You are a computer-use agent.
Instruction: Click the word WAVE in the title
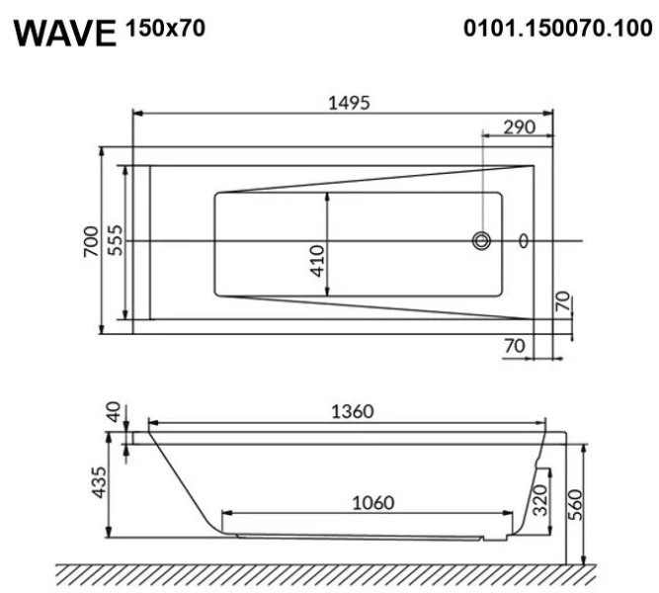pos(66,33)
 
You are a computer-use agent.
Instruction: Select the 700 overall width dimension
pos(89,241)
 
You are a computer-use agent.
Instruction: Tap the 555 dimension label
pos(114,241)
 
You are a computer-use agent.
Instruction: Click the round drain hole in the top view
pos(482,240)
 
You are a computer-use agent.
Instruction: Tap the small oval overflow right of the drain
pos(524,240)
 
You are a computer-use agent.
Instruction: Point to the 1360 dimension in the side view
pos(350,412)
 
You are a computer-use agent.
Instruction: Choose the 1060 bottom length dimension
pos(372,502)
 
